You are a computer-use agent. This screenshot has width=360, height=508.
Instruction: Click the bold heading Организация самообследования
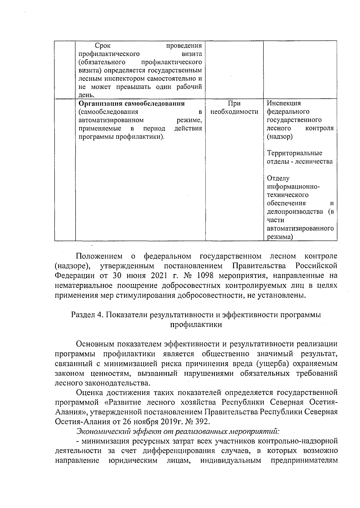(x=131, y=104)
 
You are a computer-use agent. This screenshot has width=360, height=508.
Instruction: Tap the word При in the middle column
(x=234, y=103)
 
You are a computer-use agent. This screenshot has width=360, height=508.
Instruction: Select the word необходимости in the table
(x=234, y=112)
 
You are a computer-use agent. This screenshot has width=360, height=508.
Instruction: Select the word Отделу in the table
(x=278, y=178)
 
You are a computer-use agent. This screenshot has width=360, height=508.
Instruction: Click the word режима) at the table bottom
(x=280, y=237)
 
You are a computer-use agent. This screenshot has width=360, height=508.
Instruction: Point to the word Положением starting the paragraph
(x=99, y=256)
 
